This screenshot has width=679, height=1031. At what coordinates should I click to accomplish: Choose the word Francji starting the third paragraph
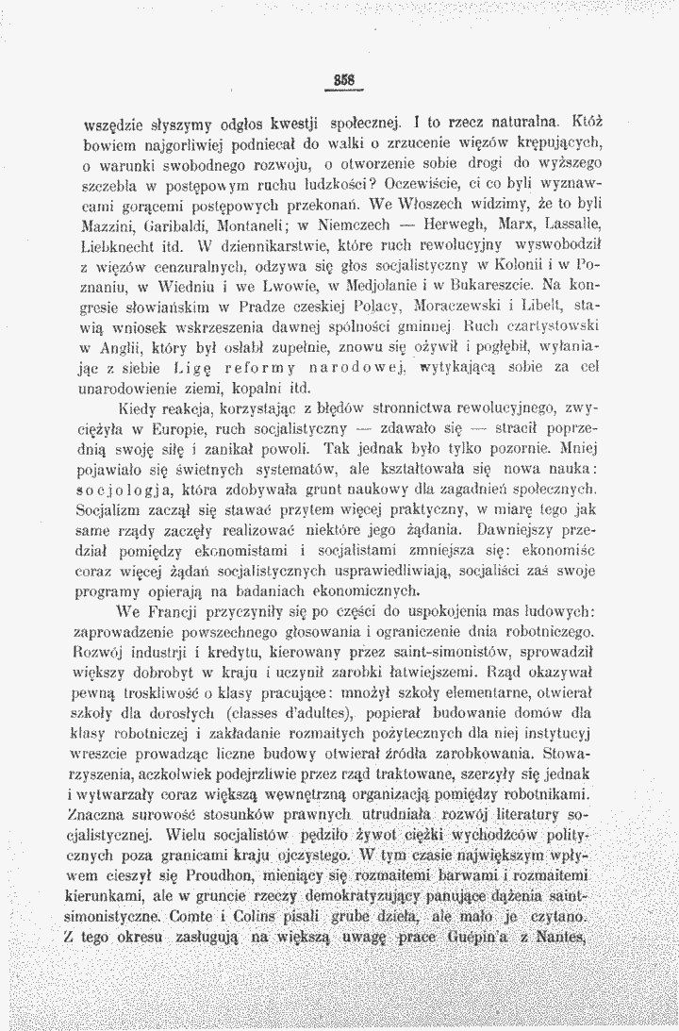(168, 607)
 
